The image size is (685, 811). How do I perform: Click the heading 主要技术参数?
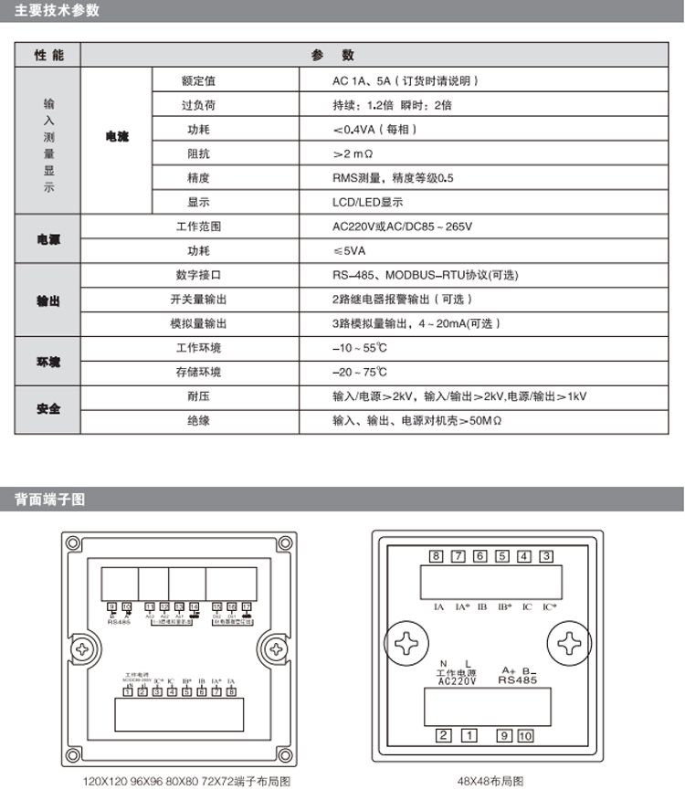(58, 11)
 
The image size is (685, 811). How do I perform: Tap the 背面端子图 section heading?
(51, 500)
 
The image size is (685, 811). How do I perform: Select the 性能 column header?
(49, 56)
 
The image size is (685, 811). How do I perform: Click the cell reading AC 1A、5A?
(403, 80)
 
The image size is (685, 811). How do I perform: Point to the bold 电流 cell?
(117, 137)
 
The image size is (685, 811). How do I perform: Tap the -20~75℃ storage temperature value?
(359, 373)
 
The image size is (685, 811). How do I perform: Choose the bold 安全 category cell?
(48, 409)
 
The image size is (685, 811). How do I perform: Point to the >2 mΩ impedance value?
(353, 153)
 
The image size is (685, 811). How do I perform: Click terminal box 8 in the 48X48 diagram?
(437, 557)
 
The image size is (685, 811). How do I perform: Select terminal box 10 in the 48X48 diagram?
(525, 735)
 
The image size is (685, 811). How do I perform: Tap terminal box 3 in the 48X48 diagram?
(546, 557)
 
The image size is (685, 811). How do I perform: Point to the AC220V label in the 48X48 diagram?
(457, 681)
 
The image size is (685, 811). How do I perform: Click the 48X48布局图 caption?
(490, 783)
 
